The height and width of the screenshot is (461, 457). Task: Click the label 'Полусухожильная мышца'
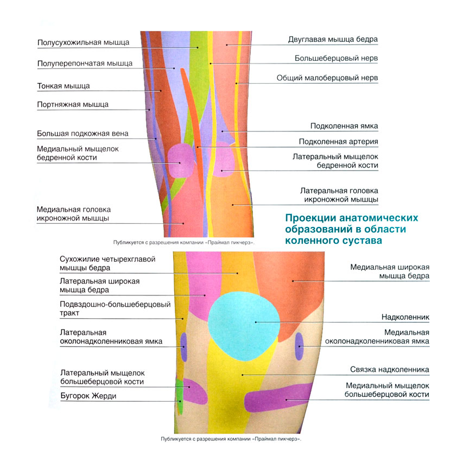pos(83,42)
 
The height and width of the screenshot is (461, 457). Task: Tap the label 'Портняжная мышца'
pos(73,104)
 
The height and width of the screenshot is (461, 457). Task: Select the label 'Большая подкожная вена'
pos(82,134)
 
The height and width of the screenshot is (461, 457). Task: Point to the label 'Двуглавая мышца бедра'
pos(333,40)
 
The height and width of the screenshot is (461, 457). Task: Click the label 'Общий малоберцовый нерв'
pos(327,78)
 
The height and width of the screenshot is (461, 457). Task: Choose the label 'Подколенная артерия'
pos(338,142)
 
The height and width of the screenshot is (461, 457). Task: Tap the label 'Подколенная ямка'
pos(344,126)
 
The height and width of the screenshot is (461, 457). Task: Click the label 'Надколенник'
pos(405,317)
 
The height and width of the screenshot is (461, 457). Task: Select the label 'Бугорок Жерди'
pos(88,396)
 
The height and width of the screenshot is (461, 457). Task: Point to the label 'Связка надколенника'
pos(389,370)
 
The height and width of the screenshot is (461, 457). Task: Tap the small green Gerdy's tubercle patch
pos(180,390)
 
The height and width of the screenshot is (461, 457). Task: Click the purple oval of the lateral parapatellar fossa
pos(183,346)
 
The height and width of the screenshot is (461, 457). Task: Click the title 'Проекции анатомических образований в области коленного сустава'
pos(352,228)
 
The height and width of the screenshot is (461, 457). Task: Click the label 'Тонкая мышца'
pos(64,86)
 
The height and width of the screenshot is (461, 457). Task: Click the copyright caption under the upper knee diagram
pos(183,242)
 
